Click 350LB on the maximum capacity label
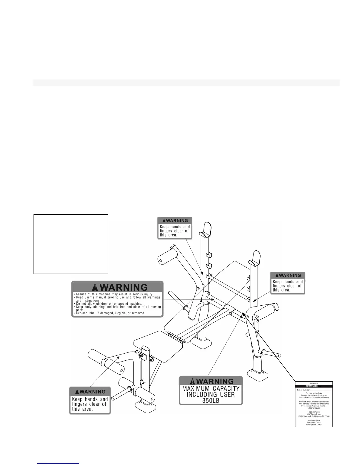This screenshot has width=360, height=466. point(211,400)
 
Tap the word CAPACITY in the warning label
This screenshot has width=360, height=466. point(226,388)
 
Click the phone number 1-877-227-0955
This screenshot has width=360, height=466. point(314,412)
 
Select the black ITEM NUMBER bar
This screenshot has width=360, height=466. point(314,386)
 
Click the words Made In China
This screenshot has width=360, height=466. point(314,420)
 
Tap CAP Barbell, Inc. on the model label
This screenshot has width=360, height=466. point(314,414)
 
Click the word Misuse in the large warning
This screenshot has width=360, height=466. point(82,294)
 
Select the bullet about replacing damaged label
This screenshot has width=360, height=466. point(110,313)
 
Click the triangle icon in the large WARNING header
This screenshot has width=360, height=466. point(96,287)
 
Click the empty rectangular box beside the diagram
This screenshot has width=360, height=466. point(71,244)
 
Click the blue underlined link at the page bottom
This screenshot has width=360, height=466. point(59,463)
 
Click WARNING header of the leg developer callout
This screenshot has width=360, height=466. point(90,392)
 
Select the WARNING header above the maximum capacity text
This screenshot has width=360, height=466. point(211,381)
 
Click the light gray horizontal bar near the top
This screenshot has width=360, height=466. point(186,83)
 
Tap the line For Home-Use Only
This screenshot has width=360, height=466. point(314,393)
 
